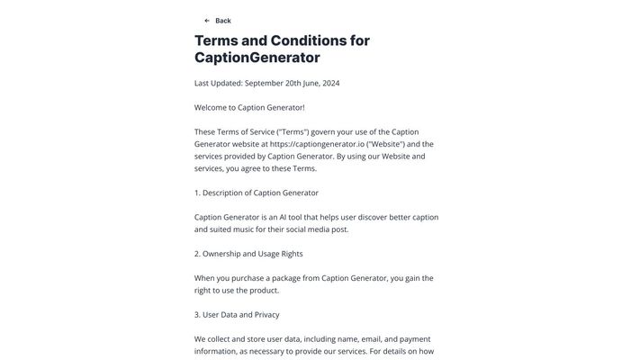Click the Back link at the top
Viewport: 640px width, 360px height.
tap(222, 21)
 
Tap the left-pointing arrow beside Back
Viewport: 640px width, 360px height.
tap(207, 21)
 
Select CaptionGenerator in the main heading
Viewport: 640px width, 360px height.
tap(257, 58)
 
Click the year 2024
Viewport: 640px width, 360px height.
tap(326, 84)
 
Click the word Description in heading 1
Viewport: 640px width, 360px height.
tap(225, 193)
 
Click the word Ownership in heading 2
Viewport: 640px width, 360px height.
tap(224, 254)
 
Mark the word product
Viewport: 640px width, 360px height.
tap(265, 291)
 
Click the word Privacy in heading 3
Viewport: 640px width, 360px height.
tap(265, 315)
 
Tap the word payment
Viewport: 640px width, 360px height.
tap(415, 339)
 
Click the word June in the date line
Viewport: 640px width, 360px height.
tap(307, 84)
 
